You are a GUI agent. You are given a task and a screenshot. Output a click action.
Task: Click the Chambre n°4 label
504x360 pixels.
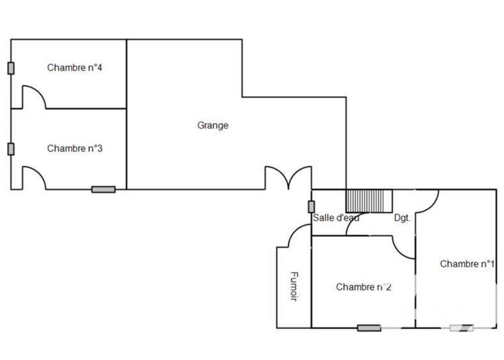[x=75, y=68]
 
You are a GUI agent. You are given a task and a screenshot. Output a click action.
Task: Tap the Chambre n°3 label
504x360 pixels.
[x=75, y=149]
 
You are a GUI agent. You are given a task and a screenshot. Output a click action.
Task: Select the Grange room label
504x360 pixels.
[x=213, y=125]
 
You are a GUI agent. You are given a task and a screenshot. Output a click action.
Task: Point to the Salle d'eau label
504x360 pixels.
[x=336, y=218]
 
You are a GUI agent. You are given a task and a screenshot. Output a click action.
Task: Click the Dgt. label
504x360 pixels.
[x=402, y=218]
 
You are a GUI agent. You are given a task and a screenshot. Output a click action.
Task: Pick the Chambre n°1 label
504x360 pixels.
[x=466, y=264]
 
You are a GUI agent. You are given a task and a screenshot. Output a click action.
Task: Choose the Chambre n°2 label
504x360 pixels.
[x=364, y=287]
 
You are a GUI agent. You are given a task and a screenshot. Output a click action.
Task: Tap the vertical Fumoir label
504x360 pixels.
[x=294, y=286]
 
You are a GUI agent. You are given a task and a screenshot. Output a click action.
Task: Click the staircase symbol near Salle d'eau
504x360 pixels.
[x=369, y=201]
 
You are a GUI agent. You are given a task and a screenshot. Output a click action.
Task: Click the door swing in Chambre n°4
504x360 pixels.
[x=34, y=96]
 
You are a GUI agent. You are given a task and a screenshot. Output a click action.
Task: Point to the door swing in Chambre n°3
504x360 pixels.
[x=34, y=177]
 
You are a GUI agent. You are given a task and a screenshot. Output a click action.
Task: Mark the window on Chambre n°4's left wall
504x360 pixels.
[x=11, y=68]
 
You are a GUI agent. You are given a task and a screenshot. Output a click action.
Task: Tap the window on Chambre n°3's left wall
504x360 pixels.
[x=11, y=149]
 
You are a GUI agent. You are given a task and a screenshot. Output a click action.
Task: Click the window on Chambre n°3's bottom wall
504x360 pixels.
[x=103, y=189]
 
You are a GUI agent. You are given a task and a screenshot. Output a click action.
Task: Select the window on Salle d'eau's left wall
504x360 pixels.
[x=311, y=206]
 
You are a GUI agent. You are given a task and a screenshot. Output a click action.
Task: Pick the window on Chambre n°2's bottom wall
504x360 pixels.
[x=369, y=328]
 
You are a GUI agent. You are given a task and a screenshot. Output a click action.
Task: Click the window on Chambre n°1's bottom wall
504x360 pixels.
[x=462, y=328]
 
